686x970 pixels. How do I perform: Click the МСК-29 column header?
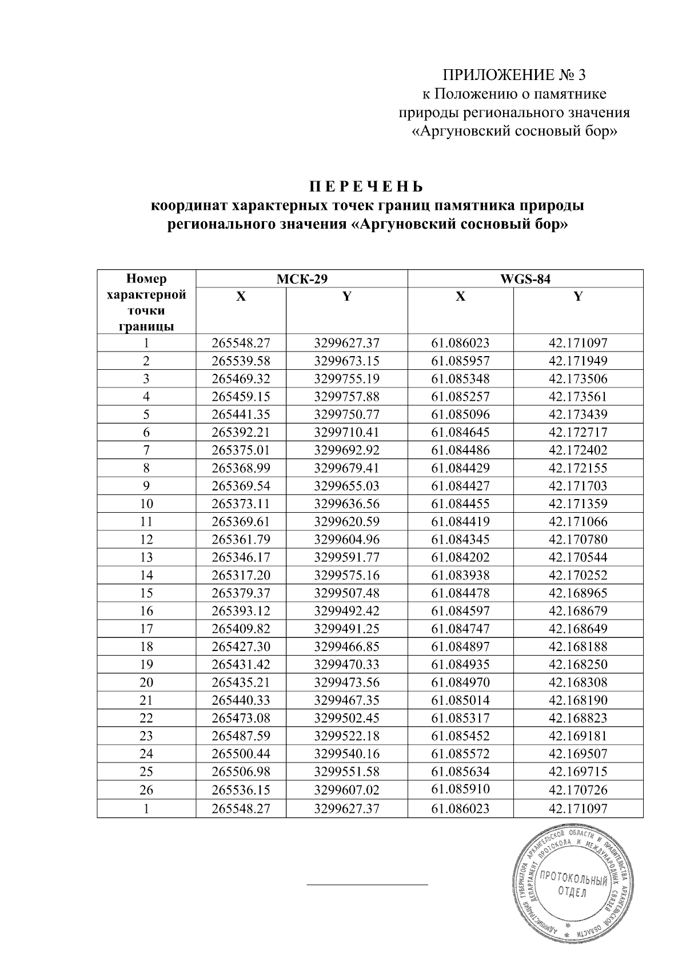click(x=301, y=279)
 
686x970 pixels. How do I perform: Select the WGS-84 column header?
click(x=525, y=279)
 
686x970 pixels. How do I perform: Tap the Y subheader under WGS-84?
click(x=578, y=297)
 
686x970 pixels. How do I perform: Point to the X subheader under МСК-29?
click(x=241, y=297)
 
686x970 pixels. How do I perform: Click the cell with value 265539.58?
click(x=241, y=361)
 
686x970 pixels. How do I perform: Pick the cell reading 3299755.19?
click(x=346, y=379)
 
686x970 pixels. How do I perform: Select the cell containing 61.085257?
click(x=460, y=397)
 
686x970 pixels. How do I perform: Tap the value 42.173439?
click(x=578, y=414)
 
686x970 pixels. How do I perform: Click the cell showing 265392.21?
click(x=241, y=432)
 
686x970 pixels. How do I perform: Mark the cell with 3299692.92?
click(x=346, y=450)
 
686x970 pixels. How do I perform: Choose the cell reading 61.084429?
click(x=460, y=468)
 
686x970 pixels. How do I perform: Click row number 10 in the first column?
click(x=146, y=504)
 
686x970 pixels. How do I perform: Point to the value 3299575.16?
click(x=346, y=575)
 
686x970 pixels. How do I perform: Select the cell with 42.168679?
click(x=578, y=611)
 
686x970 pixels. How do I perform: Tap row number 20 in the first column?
click(x=146, y=682)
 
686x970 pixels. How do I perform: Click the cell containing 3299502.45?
click(x=346, y=718)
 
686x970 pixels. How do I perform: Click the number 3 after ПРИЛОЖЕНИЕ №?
click(x=582, y=75)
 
